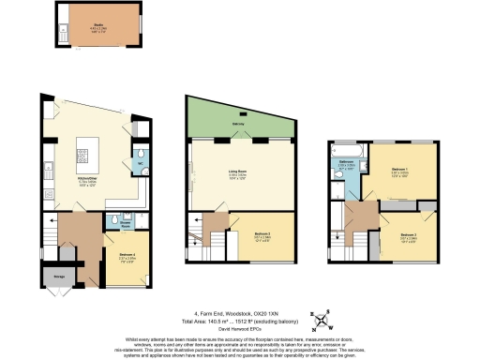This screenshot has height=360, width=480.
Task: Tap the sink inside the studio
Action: point(64,33)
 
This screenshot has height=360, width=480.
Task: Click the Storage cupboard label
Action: point(59,277)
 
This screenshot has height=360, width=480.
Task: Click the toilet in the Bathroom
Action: point(337,187)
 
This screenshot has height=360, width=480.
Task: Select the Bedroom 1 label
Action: point(400,171)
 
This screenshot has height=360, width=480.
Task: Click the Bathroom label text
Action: point(346,165)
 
